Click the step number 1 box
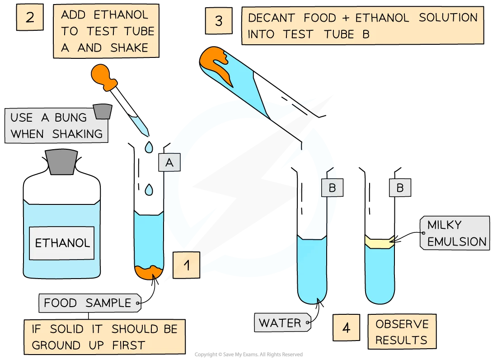tap(186, 265)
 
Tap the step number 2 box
tap(30, 17)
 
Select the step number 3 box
tap(219, 21)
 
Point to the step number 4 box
tap(347, 327)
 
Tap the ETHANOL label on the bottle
tap(62, 243)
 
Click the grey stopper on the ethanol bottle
tap(61, 161)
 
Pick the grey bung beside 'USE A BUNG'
tap(103, 111)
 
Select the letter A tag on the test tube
tap(169, 162)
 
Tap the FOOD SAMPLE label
tap(90, 303)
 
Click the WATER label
tap(282, 323)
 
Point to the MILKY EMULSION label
tap(455, 233)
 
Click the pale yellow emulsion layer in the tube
tap(380, 242)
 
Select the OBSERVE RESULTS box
tap(402, 332)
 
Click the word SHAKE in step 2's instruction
tap(129, 47)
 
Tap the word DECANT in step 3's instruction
tap(272, 18)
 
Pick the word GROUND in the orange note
tap(56, 345)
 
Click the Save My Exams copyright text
tap(248, 354)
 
